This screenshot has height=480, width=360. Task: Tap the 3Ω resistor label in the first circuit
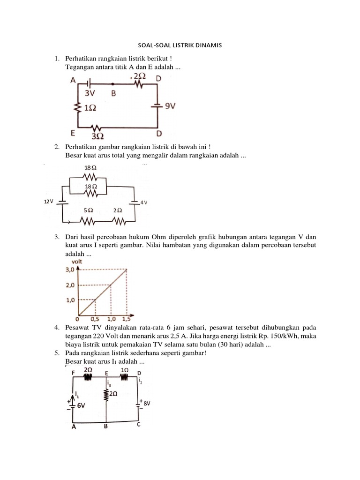(x=97, y=136)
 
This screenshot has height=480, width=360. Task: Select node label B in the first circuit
(x=113, y=93)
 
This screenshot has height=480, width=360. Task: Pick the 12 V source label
(x=48, y=201)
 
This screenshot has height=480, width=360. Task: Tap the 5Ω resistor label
(x=88, y=210)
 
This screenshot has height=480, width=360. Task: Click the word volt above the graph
(x=77, y=261)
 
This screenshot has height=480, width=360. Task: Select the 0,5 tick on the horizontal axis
(x=95, y=319)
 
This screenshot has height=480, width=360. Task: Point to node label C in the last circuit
(x=139, y=425)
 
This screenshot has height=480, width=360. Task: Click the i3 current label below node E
(x=109, y=383)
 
